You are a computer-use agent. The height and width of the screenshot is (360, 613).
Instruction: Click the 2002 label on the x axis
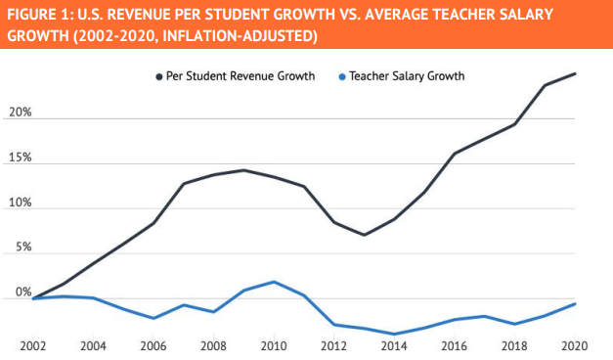33,344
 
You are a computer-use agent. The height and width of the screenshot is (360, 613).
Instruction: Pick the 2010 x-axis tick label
273,344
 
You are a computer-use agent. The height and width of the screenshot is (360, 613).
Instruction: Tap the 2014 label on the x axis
394,344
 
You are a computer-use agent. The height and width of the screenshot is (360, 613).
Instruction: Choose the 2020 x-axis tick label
574,344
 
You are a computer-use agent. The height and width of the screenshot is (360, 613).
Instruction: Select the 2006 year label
153,344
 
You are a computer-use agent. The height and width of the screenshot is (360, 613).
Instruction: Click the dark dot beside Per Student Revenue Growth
156,75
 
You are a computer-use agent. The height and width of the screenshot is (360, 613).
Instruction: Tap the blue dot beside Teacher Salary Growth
339,75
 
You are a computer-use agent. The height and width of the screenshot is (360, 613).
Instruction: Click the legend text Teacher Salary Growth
405,75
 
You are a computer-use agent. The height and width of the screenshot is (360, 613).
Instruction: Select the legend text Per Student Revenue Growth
241,75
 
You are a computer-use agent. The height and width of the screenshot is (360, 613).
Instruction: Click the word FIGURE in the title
35,16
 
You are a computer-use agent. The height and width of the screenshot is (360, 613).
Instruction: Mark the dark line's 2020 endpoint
574,73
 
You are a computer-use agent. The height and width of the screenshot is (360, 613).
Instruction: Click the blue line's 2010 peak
275,282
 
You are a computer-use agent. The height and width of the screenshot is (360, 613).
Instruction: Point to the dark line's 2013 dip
364,235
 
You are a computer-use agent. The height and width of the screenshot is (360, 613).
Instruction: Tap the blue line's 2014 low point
394,334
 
